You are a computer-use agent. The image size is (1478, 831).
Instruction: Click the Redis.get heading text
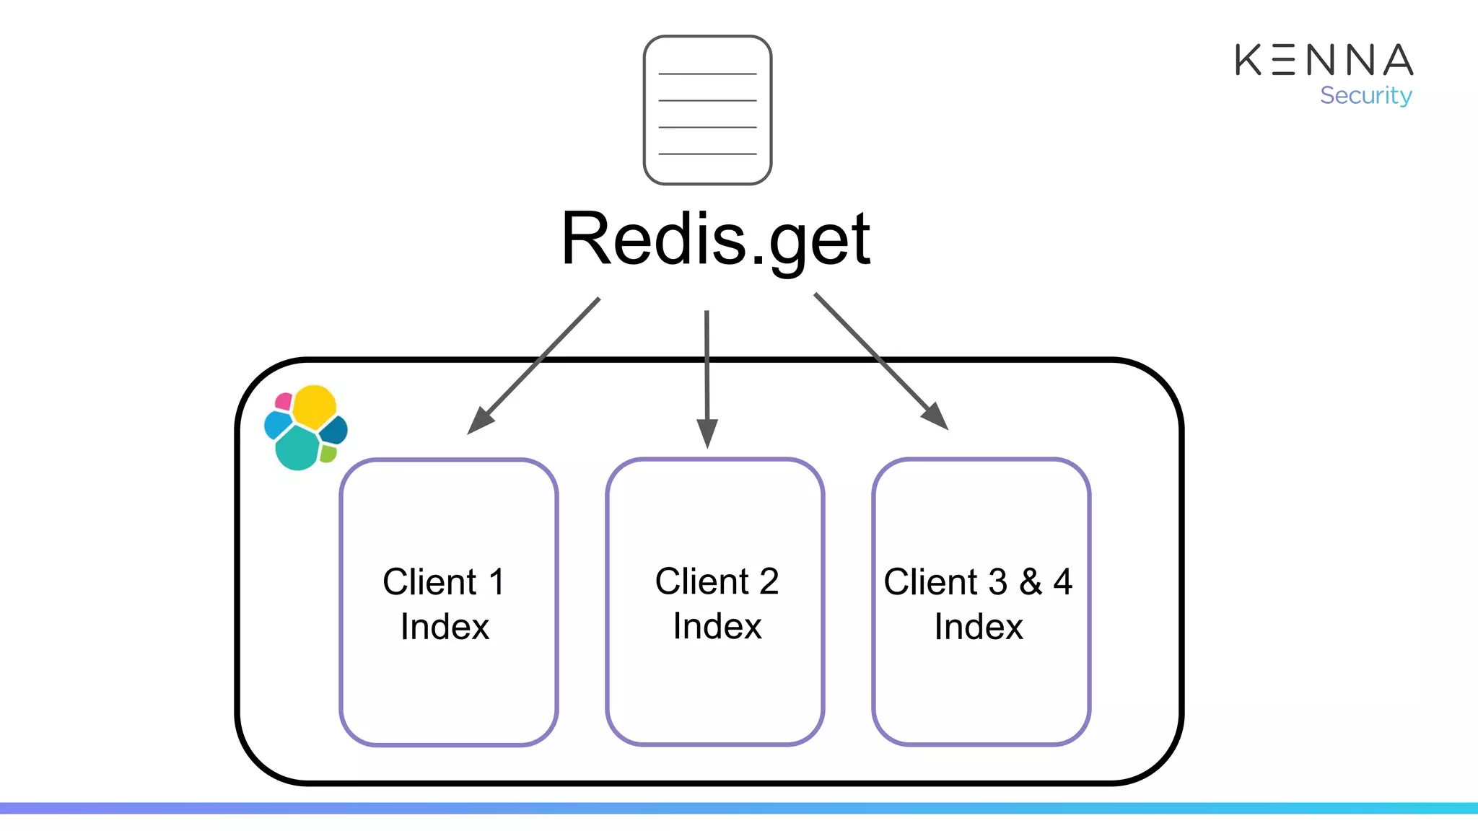point(716,239)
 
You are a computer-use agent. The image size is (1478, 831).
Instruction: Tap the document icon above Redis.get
point(707,110)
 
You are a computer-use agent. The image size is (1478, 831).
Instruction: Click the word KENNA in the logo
point(1324,60)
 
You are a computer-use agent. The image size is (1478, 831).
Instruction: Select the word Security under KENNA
point(1365,95)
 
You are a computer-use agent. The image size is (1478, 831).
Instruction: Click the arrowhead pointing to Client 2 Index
point(707,434)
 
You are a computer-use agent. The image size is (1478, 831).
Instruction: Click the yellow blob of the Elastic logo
point(315,405)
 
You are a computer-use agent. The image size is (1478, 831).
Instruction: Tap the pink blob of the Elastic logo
point(284,401)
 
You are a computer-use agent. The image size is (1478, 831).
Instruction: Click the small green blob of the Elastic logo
point(328,454)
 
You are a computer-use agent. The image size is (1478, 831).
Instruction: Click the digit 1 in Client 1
point(497,582)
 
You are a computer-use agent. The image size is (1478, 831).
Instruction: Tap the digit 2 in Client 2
point(769,581)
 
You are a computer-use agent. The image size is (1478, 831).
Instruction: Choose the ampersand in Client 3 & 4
point(1031,581)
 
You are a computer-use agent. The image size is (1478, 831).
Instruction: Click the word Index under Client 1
point(445,626)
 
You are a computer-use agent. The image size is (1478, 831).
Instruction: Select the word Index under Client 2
point(717,625)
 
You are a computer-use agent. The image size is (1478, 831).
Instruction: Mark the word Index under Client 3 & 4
point(979,626)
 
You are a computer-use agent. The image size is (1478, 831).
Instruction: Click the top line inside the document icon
point(707,74)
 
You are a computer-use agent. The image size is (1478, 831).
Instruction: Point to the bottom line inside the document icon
point(707,154)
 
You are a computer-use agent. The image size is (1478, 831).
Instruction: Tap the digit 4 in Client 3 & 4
point(1063,581)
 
